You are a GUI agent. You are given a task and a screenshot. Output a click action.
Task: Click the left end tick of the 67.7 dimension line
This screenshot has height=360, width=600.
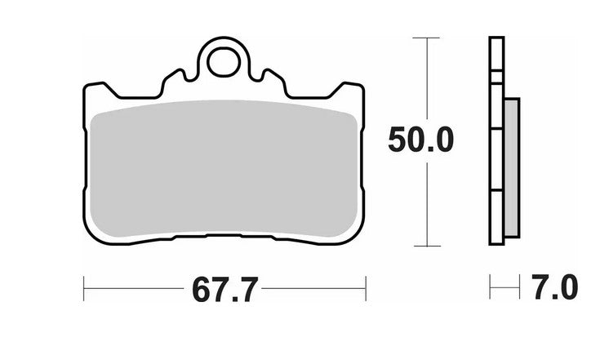click(84, 287)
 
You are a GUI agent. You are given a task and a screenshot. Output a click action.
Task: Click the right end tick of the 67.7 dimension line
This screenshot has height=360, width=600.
click(365, 287)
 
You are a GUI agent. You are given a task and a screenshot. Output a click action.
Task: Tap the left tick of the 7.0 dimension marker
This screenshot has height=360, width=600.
click(490, 287)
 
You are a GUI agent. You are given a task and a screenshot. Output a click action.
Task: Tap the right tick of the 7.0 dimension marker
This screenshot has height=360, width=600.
click(519, 287)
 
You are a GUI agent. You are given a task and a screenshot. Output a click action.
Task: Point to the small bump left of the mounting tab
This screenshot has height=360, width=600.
click(174, 78)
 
